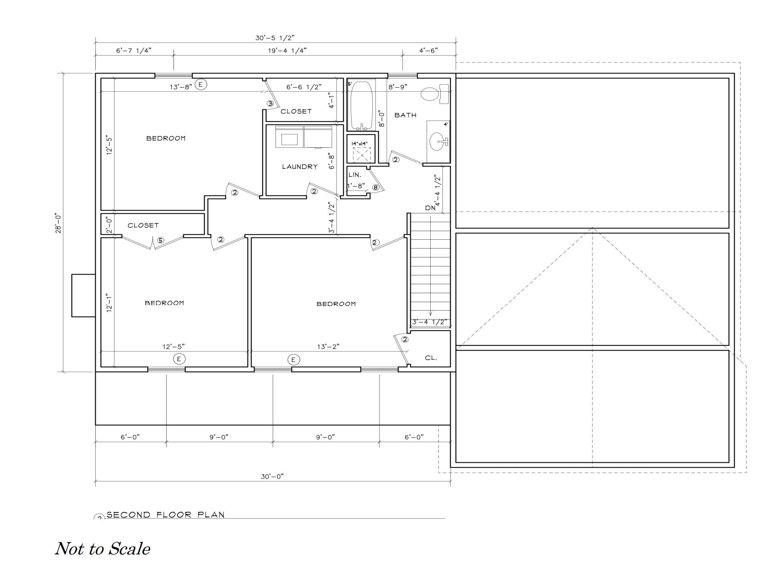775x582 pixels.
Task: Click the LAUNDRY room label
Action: pyautogui.click(x=299, y=167)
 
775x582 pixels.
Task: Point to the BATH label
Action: pyautogui.click(x=405, y=115)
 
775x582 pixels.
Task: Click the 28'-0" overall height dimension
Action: pyautogui.click(x=59, y=223)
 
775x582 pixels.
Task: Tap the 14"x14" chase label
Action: pyautogui.click(x=359, y=144)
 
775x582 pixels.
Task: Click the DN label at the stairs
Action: pyautogui.click(x=430, y=208)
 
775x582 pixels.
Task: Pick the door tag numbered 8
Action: pyautogui.click(x=375, y=187)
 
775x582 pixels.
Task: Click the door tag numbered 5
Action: pyautogui.click(x=160, y=240)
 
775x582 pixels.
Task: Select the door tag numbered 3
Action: pyautogui.click(x=270, y=104)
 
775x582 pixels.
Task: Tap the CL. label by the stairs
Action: pyautogui.click(x=431, y=358)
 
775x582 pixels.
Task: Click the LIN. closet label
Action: pyautogui.click(x=355, y=175)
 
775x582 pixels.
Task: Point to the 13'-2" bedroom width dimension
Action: pyautogui.click(x=328, y=347)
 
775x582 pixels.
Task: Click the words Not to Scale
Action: pyautogui.click(x=102, y=549)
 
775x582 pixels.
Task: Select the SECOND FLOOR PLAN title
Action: pyautogui.click(x=165, y=515)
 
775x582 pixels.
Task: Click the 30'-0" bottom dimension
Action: pyautogui.click(x=272, y=476)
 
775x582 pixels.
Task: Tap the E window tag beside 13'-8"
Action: pyautogui.click(x=201, y=84)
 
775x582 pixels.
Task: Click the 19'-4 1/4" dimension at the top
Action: pyautogui.click(x=287, y=50)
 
